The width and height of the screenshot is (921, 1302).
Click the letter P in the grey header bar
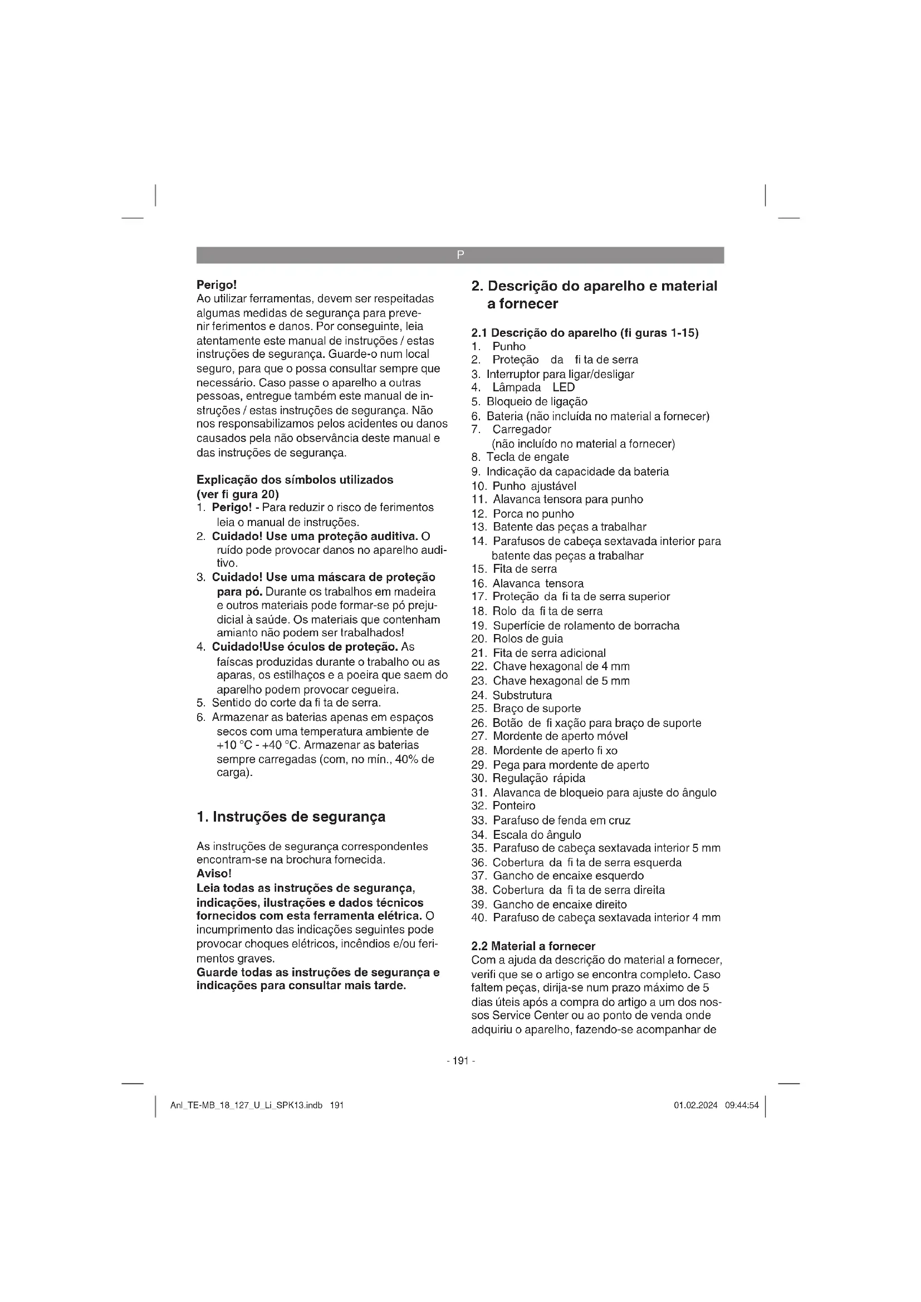click(x=460, y=255)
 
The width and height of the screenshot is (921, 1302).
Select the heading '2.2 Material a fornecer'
click(x=533, y=946)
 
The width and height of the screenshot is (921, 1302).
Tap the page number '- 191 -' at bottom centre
click(x=461, y=1061)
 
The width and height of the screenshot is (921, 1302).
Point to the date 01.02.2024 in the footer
click(x=695, y=1106)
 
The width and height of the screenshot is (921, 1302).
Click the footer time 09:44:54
click(x=741, y=1106)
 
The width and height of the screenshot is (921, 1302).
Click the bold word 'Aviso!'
click(x=214, y=874)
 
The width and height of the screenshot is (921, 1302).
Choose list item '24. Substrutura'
click(x=512, y=695)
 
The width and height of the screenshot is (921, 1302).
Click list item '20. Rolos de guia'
click(x=517, y=639)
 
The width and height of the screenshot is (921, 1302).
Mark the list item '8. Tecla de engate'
click(x=520, y=457)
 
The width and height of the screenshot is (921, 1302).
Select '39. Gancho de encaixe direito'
click(x=549, y=905)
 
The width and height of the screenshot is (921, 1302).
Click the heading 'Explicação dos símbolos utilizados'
click(x=295, y=480)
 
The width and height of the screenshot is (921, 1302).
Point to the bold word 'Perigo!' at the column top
click(x=216, y=284)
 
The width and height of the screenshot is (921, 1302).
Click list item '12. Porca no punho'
click(x=523, y=514)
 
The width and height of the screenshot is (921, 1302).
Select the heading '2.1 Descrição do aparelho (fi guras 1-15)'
click(x=585, y=333)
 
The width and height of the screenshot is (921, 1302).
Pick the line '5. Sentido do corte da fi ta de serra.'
click(x=288, y=703)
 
